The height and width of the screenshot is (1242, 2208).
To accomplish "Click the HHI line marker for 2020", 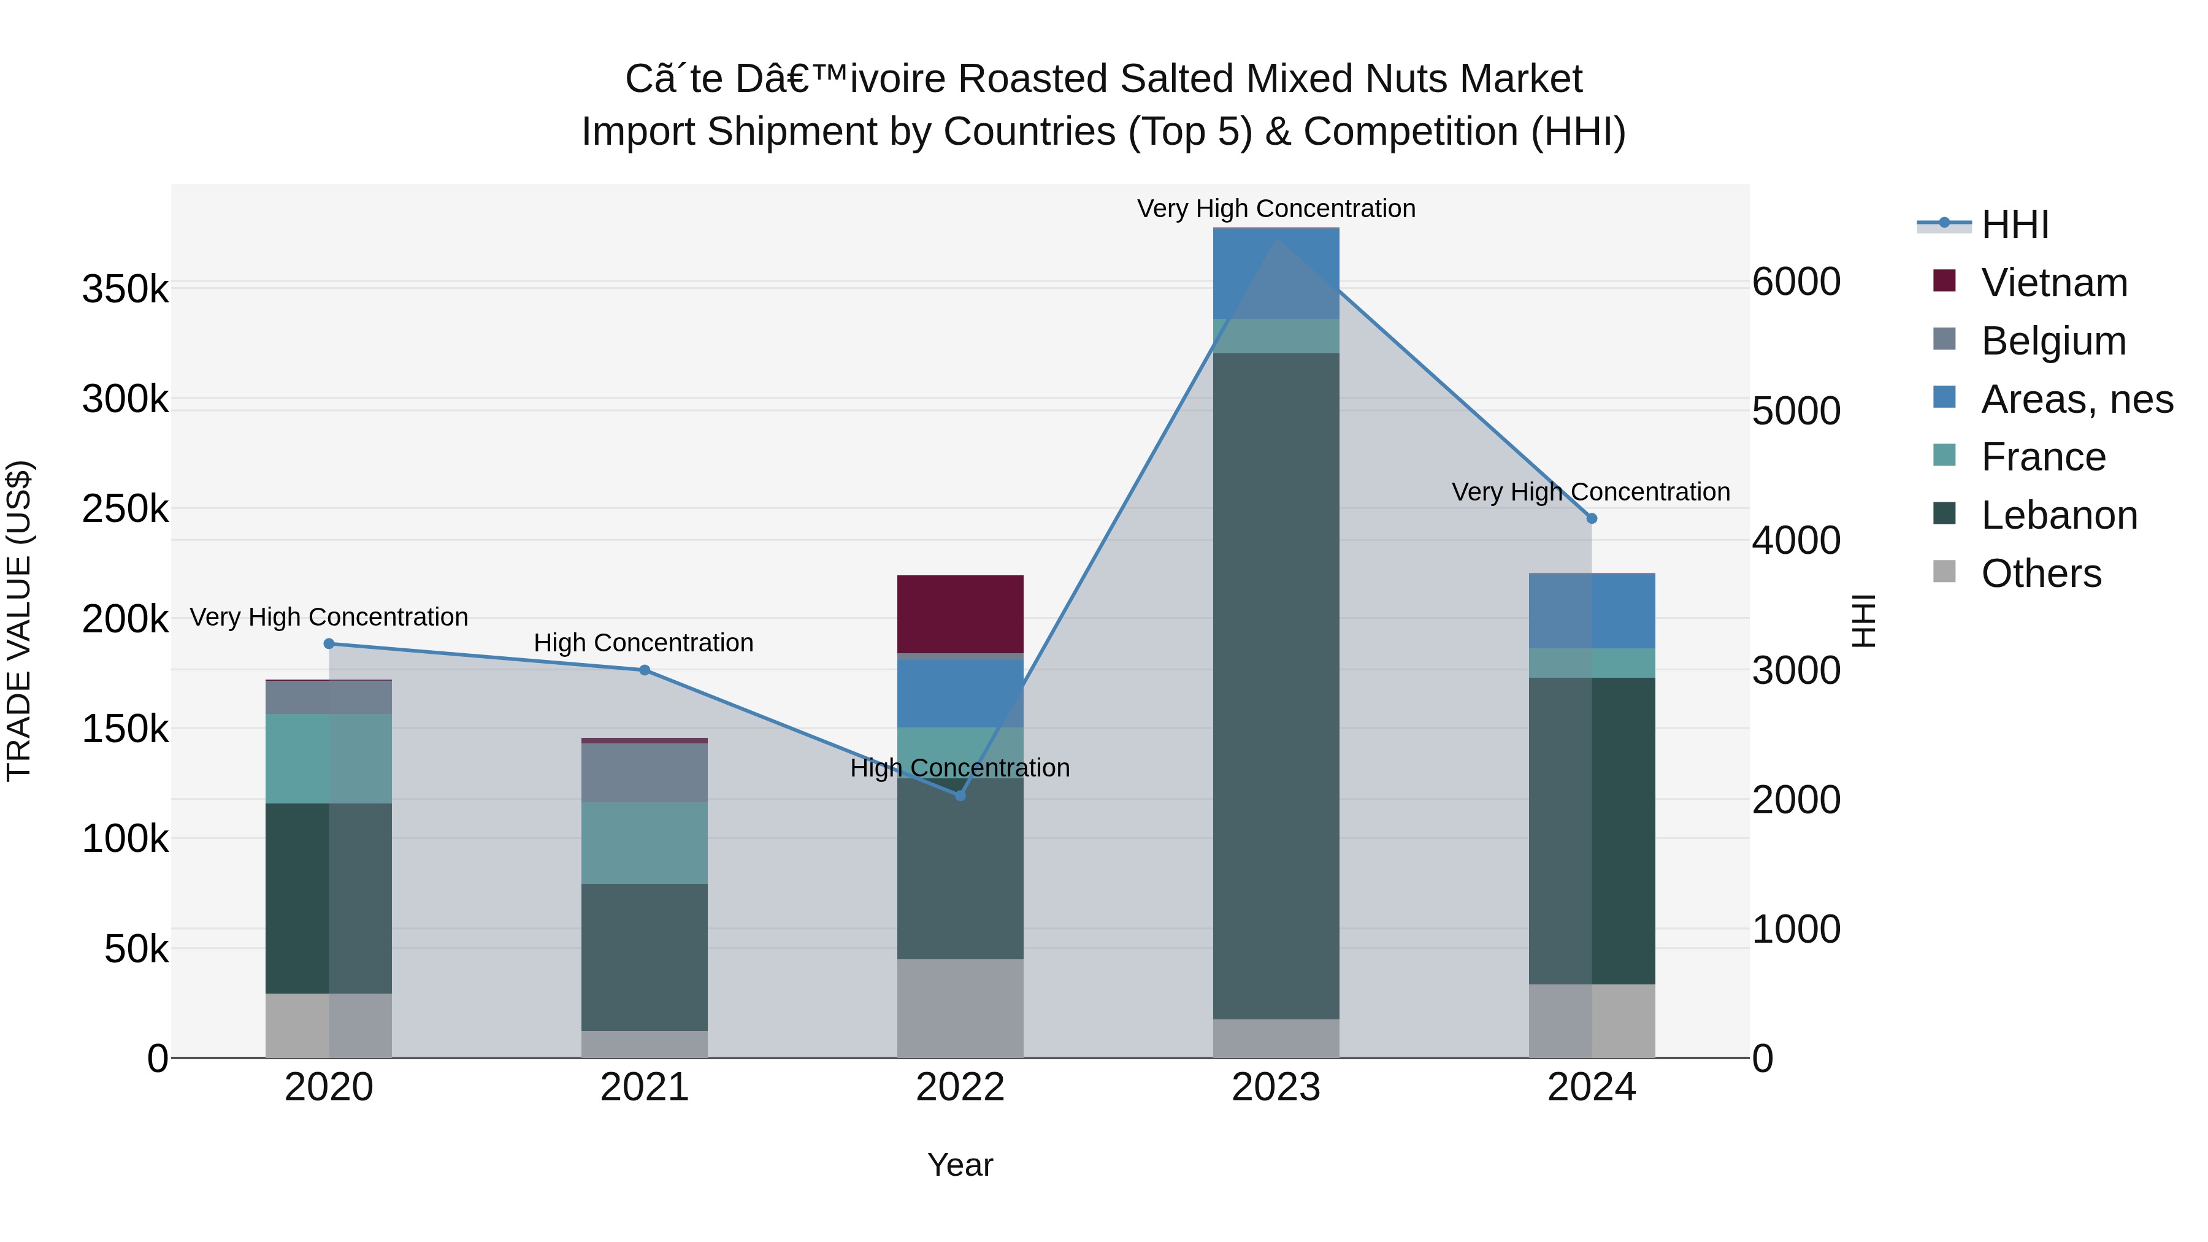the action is [x=329, y=644].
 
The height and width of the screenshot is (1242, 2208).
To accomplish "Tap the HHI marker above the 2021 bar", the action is [x=645, y=670].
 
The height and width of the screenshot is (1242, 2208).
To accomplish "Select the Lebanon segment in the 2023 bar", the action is [x=1276, y=686].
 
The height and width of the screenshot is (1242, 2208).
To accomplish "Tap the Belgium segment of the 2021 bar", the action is [x=645, y=772].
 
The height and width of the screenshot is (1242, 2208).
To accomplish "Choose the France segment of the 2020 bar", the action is [x=329, y=759].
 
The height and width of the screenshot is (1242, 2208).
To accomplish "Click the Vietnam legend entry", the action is [x=2030, y=283].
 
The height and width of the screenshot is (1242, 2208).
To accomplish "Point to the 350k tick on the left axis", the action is [x=126, y=289].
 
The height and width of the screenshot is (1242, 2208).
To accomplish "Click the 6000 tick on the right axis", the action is [x=1796, y=282].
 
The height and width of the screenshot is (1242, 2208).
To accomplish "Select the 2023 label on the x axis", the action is [x=1276, y=1087].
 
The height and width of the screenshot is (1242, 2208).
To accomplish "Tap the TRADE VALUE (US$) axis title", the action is [x=19, y=621].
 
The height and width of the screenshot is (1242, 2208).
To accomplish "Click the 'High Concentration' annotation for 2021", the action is [x=644, y=643].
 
